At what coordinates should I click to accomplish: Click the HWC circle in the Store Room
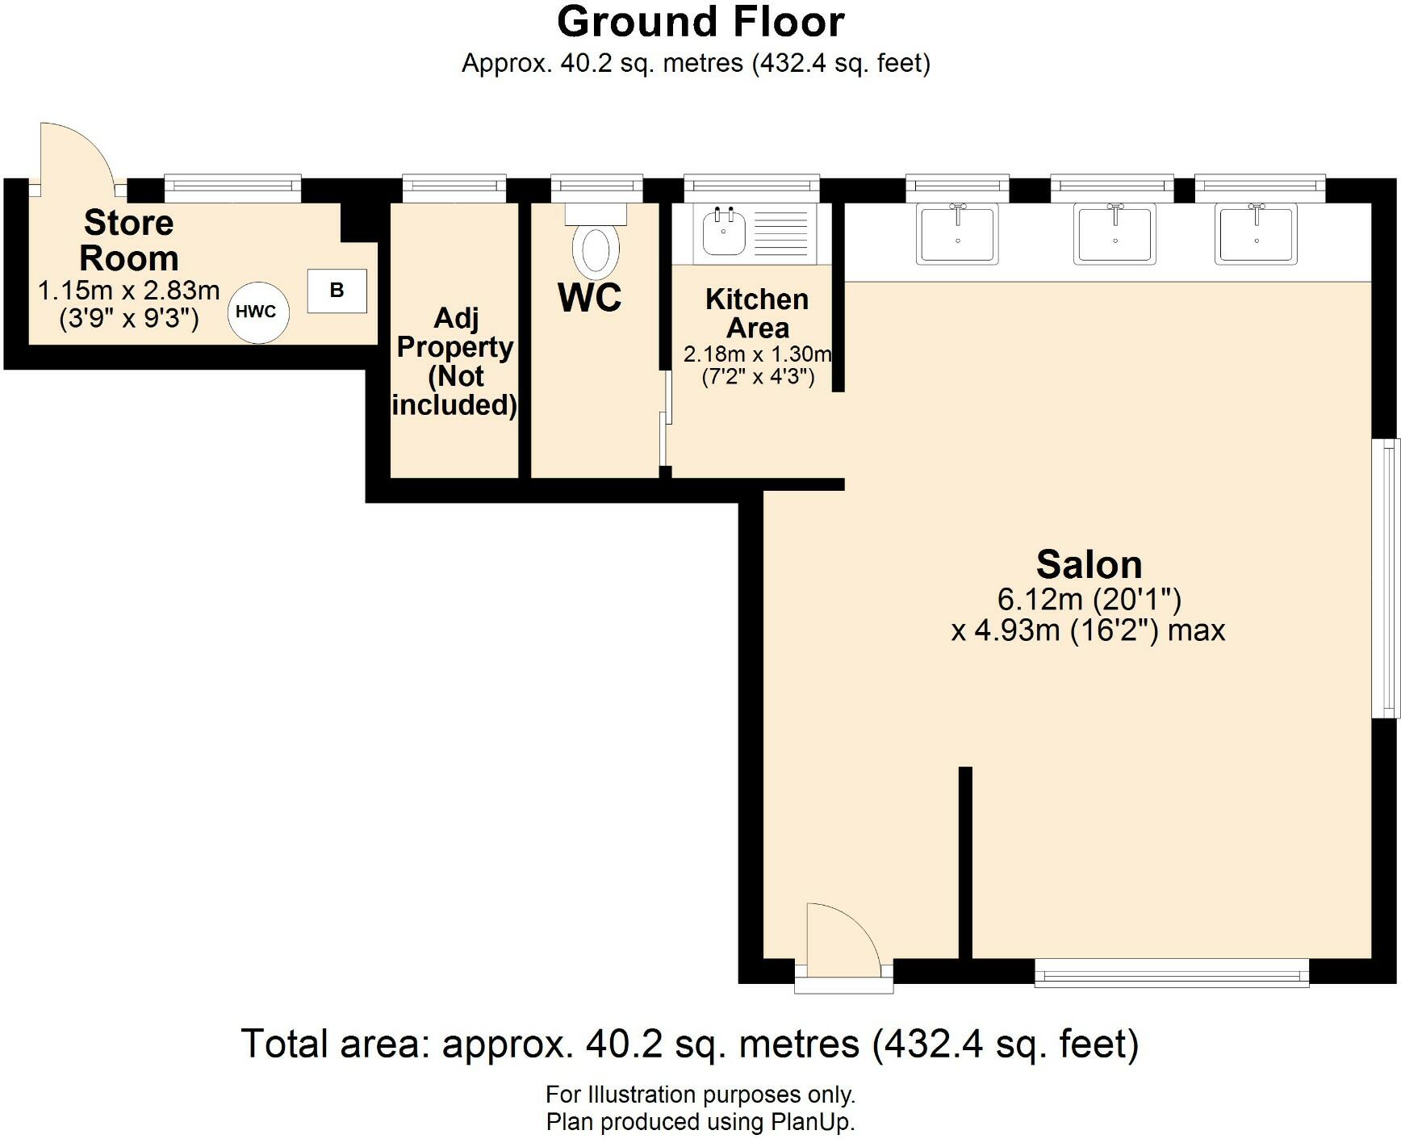pos(257,312)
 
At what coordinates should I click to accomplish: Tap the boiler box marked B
pos(337,291)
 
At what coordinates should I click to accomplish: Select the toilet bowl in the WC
pos(596,251)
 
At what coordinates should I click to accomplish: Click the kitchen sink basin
pos(722,232)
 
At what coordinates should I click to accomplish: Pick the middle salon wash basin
pos(1115,233)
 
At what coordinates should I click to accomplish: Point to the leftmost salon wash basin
pos(957,233)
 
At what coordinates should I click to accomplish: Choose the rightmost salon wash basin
pos(1257,233)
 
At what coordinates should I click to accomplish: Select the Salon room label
pos(1089,564)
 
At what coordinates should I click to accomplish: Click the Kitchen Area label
pos(756,313)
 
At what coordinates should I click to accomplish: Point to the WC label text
pos(590,297)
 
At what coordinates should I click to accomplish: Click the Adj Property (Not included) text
pos(454,362)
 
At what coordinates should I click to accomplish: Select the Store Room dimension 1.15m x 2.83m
pos(129,290)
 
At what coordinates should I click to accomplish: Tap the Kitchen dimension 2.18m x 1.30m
pos(757,354)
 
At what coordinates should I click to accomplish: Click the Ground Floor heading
pos(700,22)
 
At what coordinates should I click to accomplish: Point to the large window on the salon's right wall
pos(1386,578)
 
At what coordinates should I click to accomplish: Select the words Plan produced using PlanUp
pos(700,1122)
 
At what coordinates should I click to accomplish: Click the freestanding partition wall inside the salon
pos(965,864)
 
